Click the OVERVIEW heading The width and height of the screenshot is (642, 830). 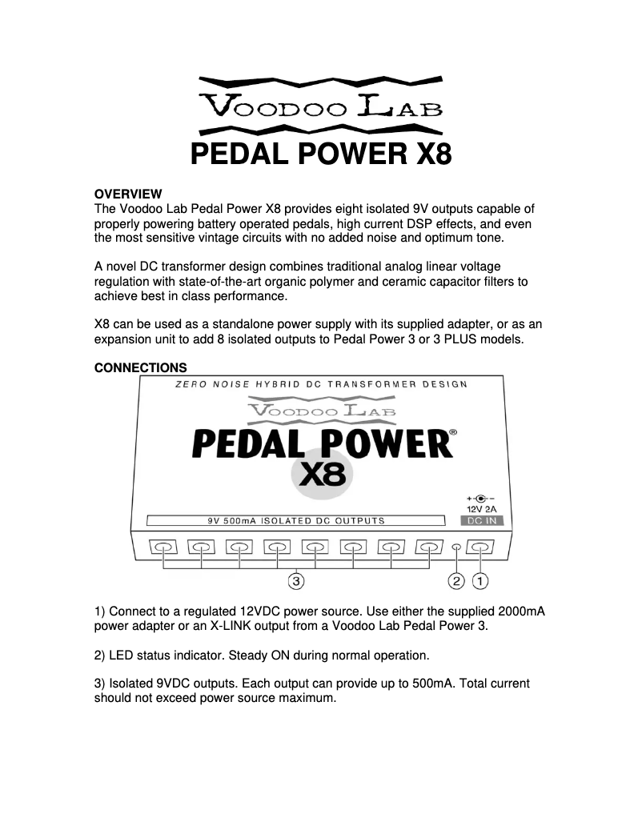coord(128,194)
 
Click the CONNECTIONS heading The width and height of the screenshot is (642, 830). coord(141,368)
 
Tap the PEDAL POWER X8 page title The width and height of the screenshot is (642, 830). coord(321,152)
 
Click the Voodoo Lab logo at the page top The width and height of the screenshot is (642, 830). coord(321,105)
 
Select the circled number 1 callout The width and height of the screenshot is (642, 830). coord(480,579)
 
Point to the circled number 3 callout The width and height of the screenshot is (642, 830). coord(297,578)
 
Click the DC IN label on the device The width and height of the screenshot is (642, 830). coord(480,520)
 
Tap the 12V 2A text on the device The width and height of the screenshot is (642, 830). coord(480,507)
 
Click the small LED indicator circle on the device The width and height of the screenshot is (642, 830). coord(457,548)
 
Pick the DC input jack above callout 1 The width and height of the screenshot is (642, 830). coord(480,548)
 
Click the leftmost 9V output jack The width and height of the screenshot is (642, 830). coord(164,548)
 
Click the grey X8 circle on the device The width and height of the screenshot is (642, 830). coord(322,474)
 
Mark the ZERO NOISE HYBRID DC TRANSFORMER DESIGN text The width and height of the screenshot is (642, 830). coord(321,385)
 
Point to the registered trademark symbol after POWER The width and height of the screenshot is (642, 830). coord(453,432)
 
